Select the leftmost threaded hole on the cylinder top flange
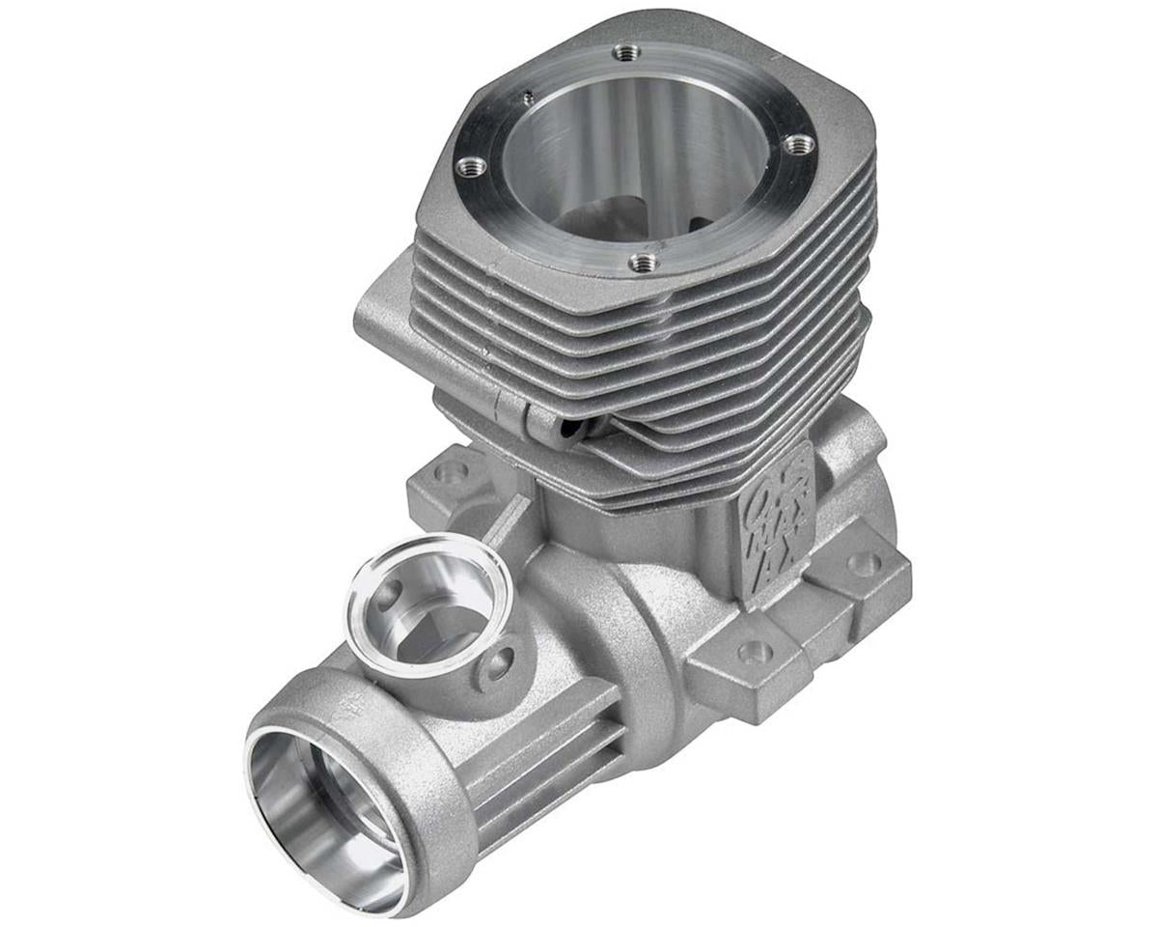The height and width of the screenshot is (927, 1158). point(470,166)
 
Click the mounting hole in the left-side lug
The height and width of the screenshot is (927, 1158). point(450,472)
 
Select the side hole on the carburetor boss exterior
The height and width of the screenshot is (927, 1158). point(500,663)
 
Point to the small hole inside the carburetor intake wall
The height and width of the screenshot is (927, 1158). point(387,597)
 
